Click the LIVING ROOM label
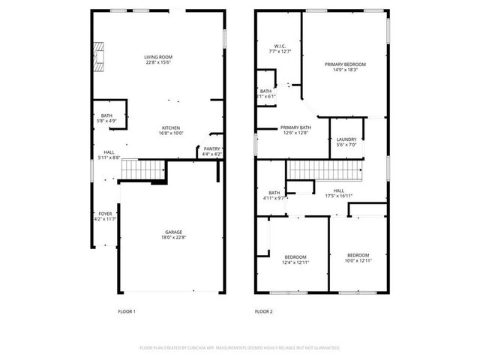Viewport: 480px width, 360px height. click(x=159, y=57)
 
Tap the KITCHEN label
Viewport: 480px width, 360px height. click(x=171, y=127)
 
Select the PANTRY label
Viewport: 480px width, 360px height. click(x=211, y=149)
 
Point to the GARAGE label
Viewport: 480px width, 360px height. click(x=174, y=232)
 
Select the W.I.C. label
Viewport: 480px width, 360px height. click(x=279, y=46)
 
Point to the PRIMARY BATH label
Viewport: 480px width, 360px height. click(x=295, y=127)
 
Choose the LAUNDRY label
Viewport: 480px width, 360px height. click(x=346, y=139)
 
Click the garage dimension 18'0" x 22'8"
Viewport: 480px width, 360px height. click(x=174, y=238)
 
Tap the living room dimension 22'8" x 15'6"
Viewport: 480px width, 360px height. click(x=159, y=63)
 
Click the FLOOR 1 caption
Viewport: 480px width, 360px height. click(x=127, y=311)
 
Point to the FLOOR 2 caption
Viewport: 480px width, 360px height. click(x=263, y=311)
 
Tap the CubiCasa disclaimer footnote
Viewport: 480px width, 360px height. click(x=240, y=348)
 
